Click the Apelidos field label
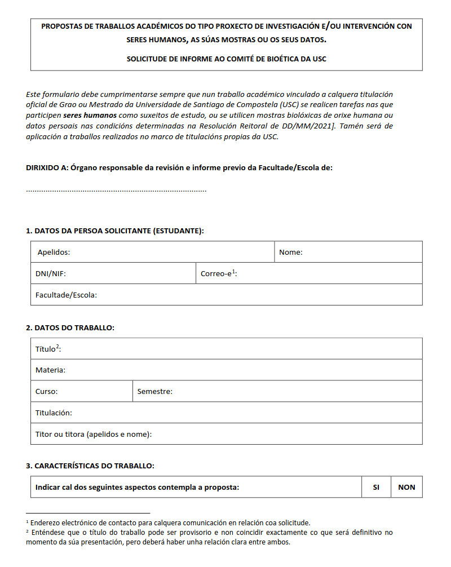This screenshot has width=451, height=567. [54, 252]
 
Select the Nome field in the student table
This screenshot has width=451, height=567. [291, 252]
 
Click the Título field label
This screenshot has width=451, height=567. [48, 349]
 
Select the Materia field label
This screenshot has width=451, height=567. [50, 370]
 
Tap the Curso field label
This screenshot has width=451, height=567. [46, 391]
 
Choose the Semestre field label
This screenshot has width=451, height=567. [155, 391]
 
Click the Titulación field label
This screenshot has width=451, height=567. [54, 413]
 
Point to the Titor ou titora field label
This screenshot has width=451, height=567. [94, 434]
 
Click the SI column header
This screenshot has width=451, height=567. [376, 488]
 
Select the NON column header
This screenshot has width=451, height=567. [406, 488]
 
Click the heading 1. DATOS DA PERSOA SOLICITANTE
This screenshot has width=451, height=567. [115, 231]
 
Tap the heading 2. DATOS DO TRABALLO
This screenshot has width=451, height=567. [70, 327]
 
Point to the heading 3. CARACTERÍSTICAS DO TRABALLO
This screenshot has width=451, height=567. [90, 466]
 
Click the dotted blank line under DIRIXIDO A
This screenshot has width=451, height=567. [116, 191]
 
